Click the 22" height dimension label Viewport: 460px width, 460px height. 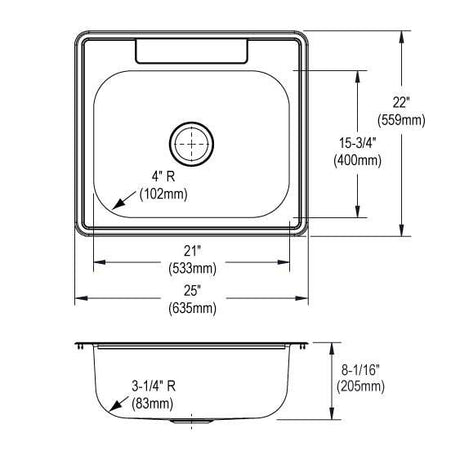pos(401,102)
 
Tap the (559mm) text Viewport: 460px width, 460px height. pos(401,120)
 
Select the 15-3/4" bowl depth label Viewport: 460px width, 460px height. pos(358,143)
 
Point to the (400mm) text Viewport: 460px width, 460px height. pos(358,160)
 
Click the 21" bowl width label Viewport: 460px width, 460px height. pos(191,251)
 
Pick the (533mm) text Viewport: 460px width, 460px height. pos(192,268)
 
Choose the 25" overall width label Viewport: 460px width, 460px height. pos(191,291)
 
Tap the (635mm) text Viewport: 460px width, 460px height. pos(192,308)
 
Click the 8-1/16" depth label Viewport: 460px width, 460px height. pos(361,369)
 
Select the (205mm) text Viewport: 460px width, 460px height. pos(360,387)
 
